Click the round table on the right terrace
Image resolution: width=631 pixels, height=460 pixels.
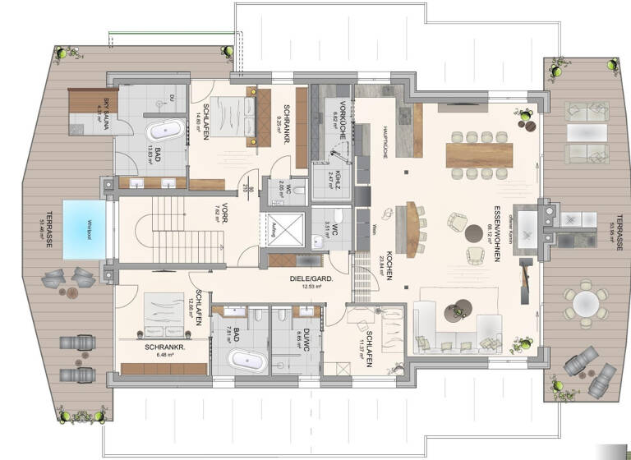(584, 304)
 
